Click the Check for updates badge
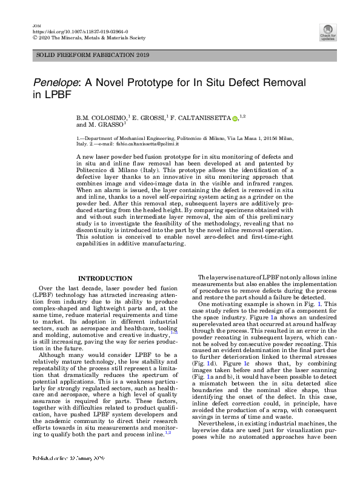coord(328,32)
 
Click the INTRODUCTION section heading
coord(105,278)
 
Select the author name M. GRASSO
coord(107,125)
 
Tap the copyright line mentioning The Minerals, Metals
coord(88,37)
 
